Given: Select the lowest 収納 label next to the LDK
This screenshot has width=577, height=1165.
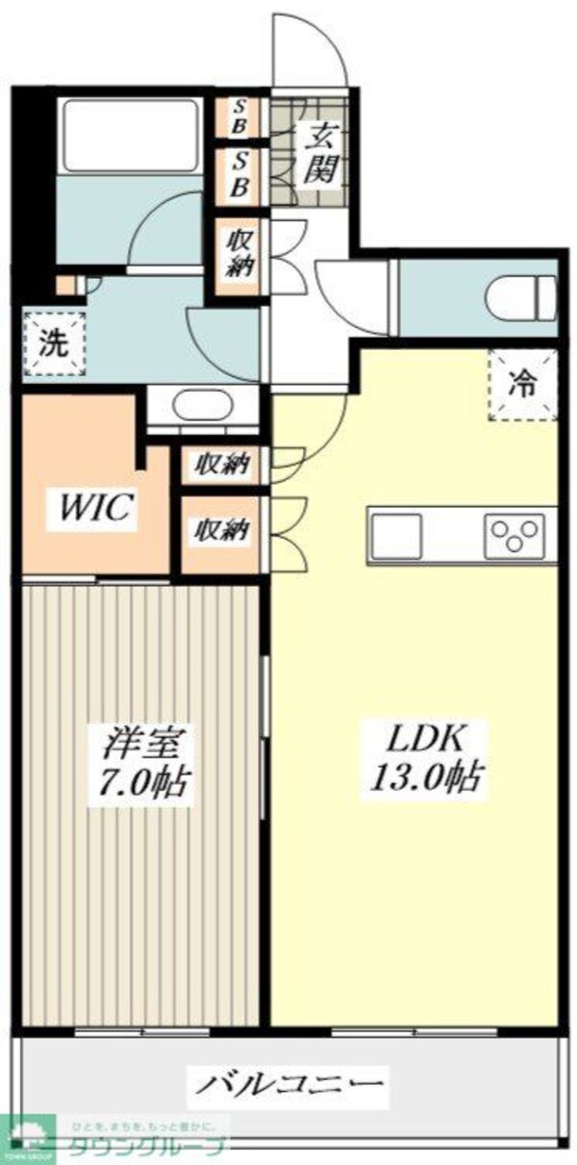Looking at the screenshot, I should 222,528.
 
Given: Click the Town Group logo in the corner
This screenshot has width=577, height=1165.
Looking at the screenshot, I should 29,1138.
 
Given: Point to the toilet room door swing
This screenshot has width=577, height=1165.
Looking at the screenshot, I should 337,289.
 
